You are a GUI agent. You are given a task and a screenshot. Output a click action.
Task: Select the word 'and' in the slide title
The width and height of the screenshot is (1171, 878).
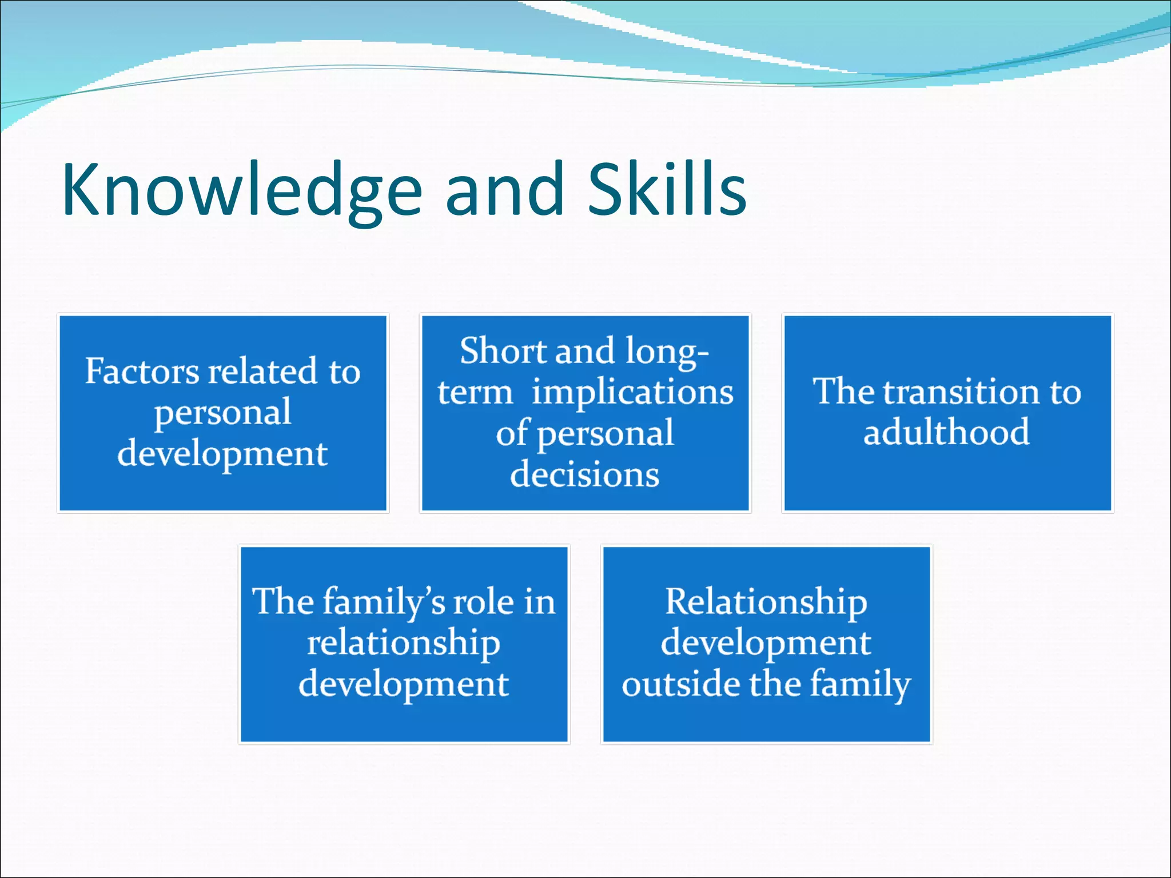(x=505, y=190)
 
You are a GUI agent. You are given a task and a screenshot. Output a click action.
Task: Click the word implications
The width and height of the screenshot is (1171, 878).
(x=632, y=392)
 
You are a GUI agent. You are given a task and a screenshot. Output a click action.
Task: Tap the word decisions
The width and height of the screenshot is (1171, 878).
(x=584, y=474)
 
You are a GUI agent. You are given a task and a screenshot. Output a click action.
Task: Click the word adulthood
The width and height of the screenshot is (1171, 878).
(x=946, y=432)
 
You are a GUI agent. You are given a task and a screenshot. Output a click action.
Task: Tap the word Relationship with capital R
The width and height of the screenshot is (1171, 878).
(x=766, y=602)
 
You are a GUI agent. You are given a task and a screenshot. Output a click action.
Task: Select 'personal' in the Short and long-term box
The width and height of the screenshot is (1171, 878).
(x=606, y=434)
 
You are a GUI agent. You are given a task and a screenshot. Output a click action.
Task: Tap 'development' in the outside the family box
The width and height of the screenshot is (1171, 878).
(x=766, y=643)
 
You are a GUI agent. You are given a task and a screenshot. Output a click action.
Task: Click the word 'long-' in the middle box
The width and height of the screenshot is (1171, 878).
(x=667, y=350)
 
